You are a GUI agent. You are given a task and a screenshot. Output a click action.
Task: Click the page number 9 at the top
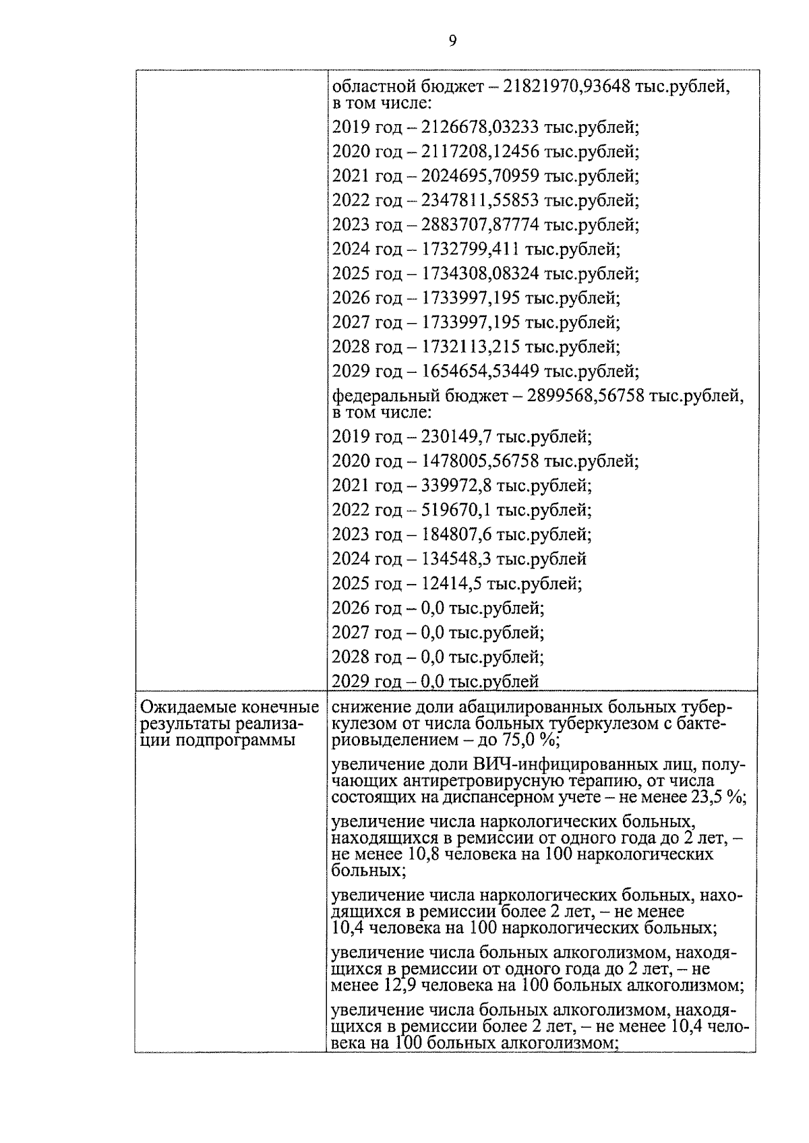click(x=452, y=41)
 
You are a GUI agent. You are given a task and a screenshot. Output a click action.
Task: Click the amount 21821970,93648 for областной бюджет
click(x=567, y=87)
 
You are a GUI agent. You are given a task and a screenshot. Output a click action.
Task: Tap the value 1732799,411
click(x=471, y=249)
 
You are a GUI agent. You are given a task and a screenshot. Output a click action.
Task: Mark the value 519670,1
click(x=456, y=510)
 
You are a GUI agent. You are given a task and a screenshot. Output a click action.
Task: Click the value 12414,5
click(x=452, y=583)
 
